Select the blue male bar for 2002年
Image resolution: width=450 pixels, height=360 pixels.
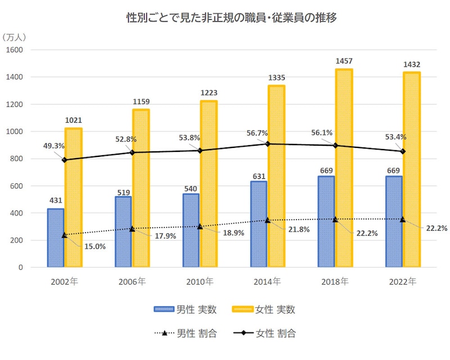pyautogui.click(x=56, y=238)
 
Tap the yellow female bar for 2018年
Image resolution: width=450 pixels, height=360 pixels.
pyautogui.click(x=344, y=169)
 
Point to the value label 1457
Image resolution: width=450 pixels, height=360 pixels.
pyautogui.click(x=344, y=61)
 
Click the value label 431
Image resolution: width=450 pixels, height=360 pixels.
pyautogui.click(x=56, y=200)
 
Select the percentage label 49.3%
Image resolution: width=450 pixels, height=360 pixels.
pyautogui.click(x=54, y=146)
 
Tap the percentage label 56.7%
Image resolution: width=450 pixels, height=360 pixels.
pyautogui.click(x=256, y=133)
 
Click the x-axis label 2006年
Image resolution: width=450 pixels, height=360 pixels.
pyautogui.click(x=134, y=281)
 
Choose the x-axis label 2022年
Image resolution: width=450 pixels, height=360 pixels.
pyautogui.click(x=404, y=281)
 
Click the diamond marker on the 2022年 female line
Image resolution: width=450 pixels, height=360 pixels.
pyautogui.click(x=402, y=151)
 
